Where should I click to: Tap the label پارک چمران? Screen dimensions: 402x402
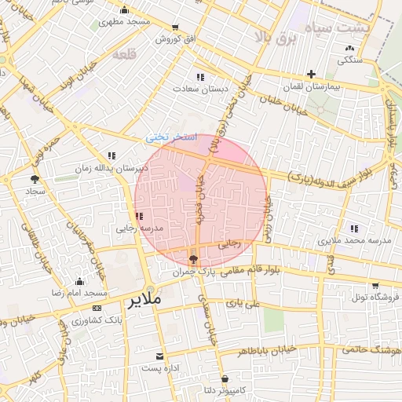(193, 272)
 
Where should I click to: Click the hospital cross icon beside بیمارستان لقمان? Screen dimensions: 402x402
(312, 74)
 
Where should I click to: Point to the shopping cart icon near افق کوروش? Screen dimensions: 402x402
(175, 27)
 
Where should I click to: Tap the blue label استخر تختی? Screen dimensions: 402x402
(170, 137)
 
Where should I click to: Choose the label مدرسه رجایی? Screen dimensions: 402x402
(139, 229)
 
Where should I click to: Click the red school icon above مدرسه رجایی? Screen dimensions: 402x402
(139, 216)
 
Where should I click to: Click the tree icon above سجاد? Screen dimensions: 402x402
(34, 179)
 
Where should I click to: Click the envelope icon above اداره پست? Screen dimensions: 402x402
(162, 356)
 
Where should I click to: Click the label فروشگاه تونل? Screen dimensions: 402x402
(375, 298)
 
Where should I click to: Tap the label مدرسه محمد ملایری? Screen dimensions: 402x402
(345, 239)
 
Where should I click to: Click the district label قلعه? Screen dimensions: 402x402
(125, 54)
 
